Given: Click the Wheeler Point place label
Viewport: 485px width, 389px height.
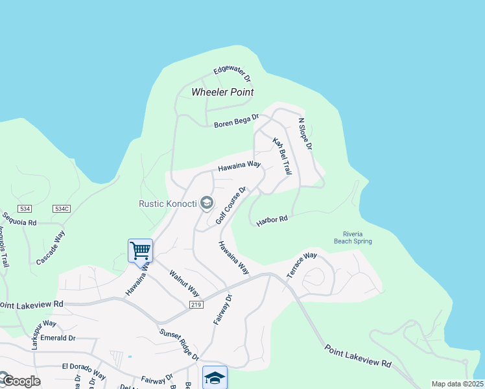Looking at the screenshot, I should (222, 92).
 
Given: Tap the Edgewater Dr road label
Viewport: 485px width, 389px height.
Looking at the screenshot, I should (232, 75).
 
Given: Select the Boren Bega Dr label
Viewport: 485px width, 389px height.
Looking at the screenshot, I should (236, 121).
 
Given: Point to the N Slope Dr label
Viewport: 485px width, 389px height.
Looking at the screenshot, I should (305, 134).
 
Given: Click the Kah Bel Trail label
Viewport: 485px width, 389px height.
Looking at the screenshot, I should (281, 156).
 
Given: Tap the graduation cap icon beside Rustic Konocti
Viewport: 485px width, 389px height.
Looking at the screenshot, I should (207, 204).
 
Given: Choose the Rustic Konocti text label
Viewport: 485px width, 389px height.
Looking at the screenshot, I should (167, 204).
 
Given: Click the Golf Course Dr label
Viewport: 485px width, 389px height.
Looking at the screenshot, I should (231, 204).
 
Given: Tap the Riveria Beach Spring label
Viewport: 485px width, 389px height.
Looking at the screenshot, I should (357, 237).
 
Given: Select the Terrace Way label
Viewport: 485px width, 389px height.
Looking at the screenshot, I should (302, 264).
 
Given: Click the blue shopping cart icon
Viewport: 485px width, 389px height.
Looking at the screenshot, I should (140, 250).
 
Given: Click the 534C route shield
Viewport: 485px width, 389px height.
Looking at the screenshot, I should (62, 209).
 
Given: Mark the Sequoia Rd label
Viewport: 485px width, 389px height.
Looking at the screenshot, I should (19, 221).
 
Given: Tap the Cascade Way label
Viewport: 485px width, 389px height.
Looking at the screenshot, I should (51, 247).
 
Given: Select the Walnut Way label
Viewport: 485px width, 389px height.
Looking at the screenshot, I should (184, 283).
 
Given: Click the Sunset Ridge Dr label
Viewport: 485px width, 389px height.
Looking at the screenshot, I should (179, 344).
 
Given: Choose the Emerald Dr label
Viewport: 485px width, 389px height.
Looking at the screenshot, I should (58, 338).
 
